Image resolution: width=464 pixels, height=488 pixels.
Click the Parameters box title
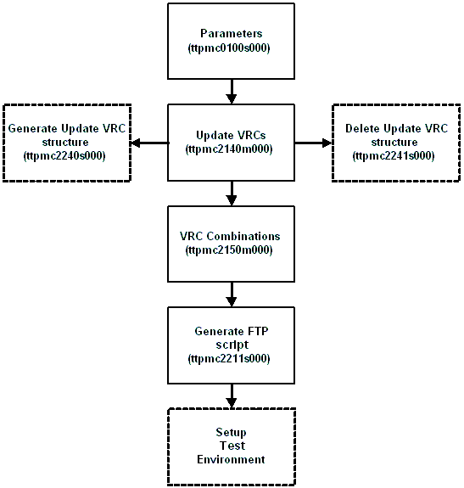pos(231,34)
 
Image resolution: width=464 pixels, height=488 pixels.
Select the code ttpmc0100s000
pos(231,48)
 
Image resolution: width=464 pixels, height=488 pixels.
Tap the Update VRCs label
pos(231,136)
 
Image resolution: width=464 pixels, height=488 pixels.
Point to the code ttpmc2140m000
pos(231,149)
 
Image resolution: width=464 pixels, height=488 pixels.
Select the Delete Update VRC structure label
pos(395,136)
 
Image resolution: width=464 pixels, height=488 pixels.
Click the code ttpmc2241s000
pos(395,156)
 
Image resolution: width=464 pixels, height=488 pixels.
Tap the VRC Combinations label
pos(231,237)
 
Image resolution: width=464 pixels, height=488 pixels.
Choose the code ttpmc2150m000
pos(231,250)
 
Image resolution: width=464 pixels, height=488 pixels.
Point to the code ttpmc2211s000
pos(231,358)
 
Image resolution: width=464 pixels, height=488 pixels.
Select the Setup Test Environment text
pos(231,446)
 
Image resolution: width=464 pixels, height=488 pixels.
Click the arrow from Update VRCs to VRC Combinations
pos(231,194)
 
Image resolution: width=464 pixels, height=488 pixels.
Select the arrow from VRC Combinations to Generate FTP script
pos(231,294)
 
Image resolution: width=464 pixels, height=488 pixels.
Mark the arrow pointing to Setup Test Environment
pos(231,395)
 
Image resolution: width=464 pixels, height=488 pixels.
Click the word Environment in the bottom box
pos(231,459)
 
